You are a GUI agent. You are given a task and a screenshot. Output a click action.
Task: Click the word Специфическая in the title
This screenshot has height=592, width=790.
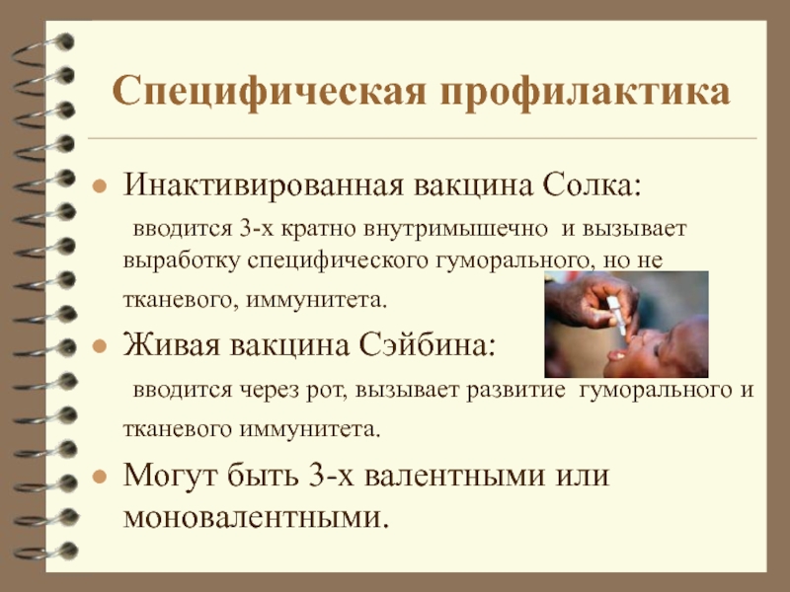click(x=269, y=92)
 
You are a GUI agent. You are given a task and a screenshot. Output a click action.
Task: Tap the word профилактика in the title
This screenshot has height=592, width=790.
click(x=585, y=93)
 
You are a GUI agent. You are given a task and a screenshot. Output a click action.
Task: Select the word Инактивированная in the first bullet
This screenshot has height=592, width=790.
click(x=264, y=185)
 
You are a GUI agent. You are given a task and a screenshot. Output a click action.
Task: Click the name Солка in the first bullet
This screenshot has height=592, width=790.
click(x=592, y=185)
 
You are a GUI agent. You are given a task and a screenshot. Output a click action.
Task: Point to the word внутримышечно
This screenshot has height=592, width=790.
click(x=455, y=229)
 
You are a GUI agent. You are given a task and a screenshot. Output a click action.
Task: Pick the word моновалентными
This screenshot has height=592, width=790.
click(x=256, y=516)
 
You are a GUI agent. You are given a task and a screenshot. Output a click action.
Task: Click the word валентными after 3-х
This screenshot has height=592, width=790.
click(x=454, y=476)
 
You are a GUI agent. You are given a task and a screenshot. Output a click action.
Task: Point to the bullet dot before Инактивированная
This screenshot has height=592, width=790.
click(x=100, y=186)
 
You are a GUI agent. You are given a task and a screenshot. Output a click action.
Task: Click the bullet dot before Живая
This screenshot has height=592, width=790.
click(x=100, y=346)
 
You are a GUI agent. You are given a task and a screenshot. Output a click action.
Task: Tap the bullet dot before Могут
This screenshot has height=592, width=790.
click(x=100, y=477)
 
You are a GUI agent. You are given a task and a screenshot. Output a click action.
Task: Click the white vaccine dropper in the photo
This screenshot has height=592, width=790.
click(x=616, y=315)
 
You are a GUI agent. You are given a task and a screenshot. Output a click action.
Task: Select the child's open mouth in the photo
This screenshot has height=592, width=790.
click(x=615, y=355)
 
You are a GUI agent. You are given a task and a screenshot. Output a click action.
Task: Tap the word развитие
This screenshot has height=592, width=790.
click(x=515, y=390)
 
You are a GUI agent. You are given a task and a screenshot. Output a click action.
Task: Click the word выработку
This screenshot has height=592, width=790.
click(x=182, y=260)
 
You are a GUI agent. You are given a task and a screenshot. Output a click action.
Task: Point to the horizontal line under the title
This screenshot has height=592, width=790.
click(x=423, y=137)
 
